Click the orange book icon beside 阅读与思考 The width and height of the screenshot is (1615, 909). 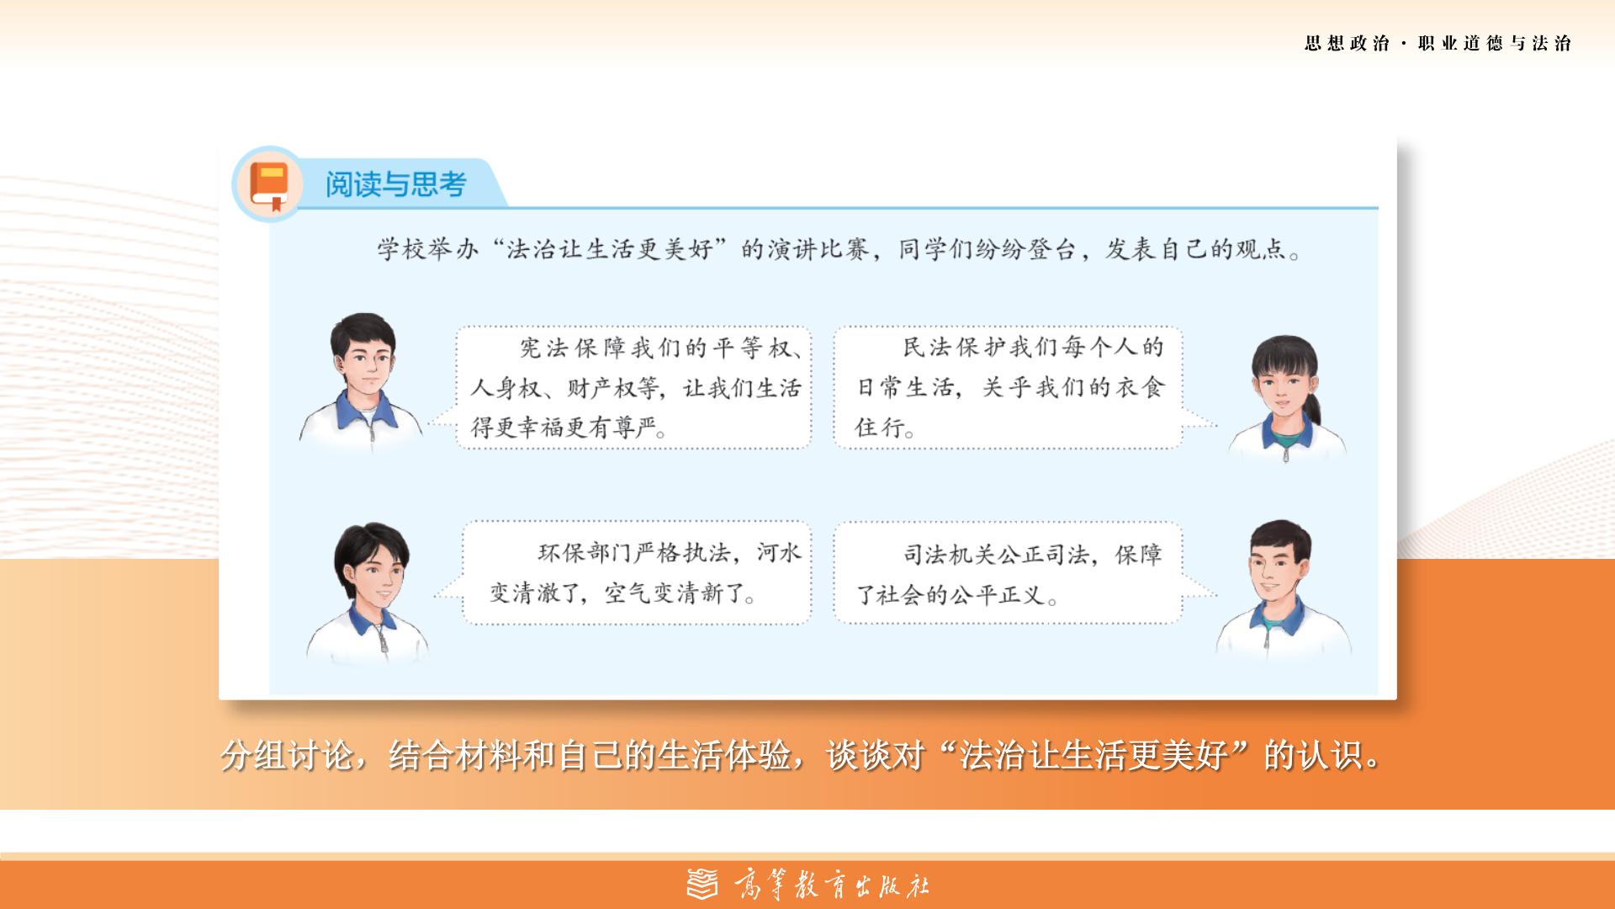269,184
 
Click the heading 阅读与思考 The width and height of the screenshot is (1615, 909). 395,184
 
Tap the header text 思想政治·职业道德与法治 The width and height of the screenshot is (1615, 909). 1438,43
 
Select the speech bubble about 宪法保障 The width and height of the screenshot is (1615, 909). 634,387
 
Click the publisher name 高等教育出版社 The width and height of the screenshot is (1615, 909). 832,885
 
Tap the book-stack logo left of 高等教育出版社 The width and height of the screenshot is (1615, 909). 703,885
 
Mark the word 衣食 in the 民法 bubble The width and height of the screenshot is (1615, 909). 1141,387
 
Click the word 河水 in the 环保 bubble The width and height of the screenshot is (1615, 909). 779,553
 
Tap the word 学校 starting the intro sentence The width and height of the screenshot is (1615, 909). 402,249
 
